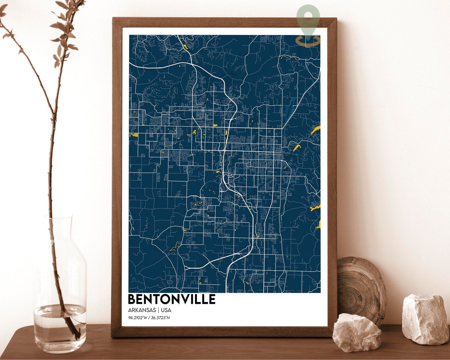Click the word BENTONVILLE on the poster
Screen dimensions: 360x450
171,299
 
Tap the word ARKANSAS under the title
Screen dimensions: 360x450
142,310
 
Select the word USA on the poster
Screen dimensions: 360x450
166,310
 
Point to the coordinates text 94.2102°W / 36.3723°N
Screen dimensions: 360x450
149,318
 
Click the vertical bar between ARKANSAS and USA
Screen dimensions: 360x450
158,310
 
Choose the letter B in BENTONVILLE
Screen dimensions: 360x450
133,299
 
